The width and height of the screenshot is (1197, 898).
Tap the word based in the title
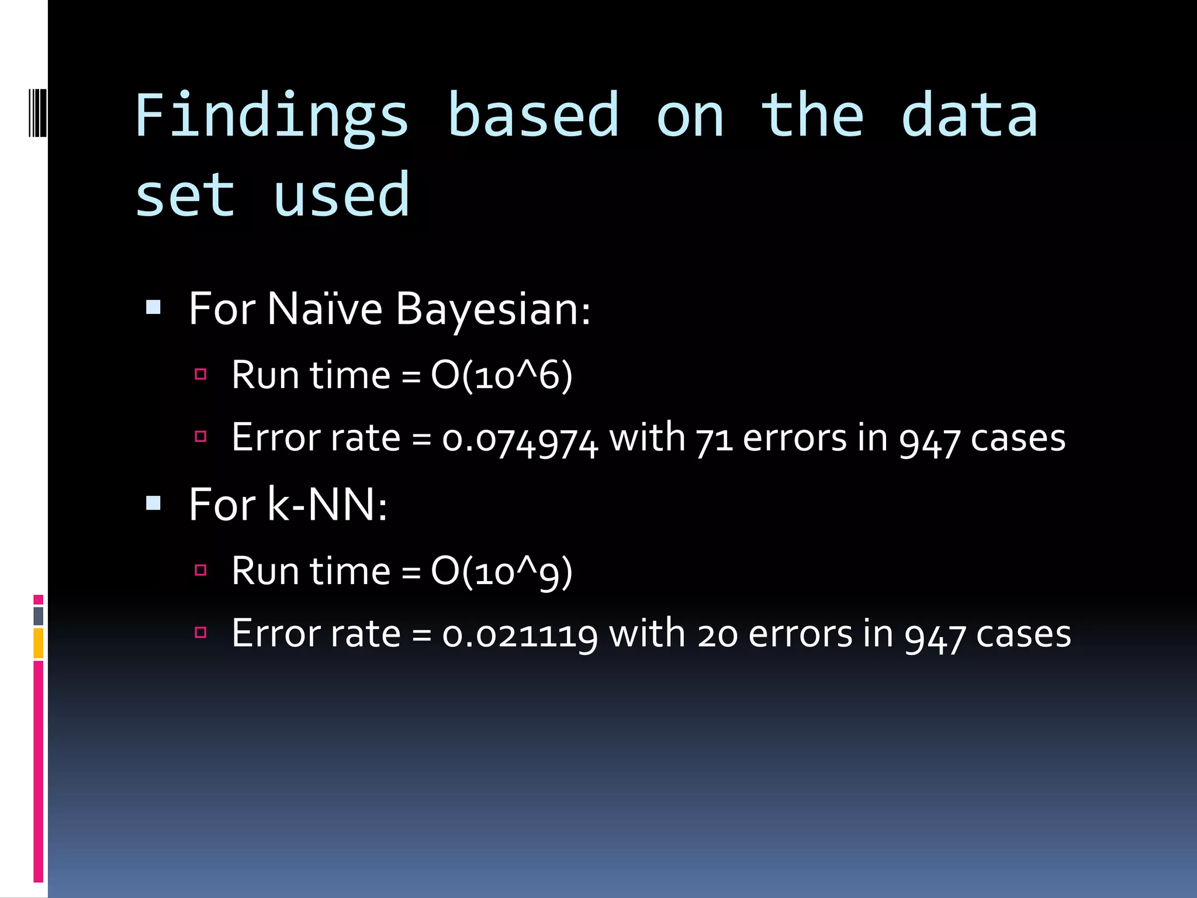532,116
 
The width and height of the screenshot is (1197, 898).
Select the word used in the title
341,195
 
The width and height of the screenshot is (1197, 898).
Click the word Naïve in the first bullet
324,309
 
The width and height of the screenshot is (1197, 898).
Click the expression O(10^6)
501,375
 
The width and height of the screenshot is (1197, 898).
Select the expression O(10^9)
501,572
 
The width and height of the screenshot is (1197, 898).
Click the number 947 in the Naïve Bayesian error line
929,441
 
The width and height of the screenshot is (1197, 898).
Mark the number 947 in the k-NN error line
934,637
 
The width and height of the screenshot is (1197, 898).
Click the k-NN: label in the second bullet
327,505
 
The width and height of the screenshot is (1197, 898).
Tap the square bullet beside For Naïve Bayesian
154,308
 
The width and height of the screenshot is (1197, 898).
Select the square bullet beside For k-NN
154,503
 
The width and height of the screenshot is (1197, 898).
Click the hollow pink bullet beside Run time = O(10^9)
200,570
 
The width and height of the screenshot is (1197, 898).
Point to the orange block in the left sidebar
38,643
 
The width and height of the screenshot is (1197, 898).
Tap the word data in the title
969,116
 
